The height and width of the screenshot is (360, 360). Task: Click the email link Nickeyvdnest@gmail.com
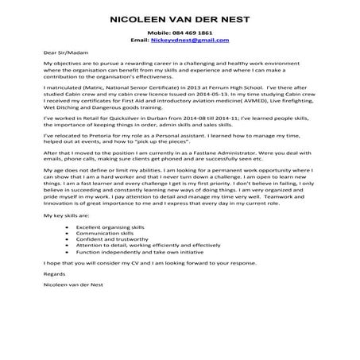click(195, 40)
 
